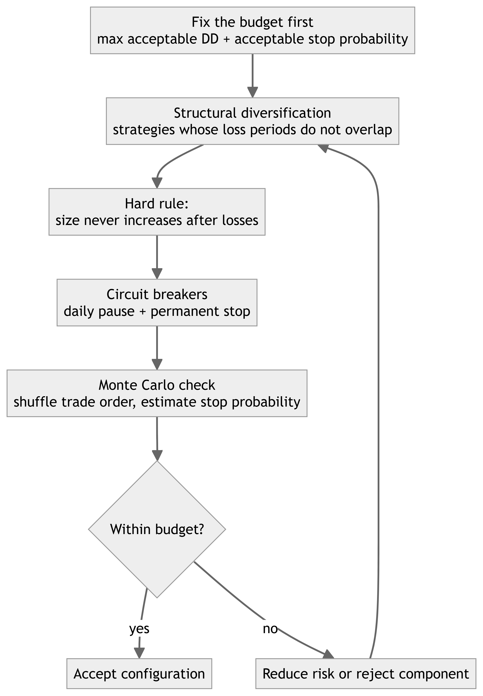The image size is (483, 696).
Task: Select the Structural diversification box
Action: click(252, 121)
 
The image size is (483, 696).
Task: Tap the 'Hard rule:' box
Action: click(157, 212)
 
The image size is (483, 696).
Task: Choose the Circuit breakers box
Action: click(157, 302)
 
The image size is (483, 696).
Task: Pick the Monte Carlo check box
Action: click(157, 393)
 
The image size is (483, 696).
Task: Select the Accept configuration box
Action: click(139, 674)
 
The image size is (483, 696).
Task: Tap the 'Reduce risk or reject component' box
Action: click(366, 674)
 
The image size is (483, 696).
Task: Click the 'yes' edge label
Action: click(139, 629)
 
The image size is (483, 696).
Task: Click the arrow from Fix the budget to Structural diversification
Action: click(252, 76)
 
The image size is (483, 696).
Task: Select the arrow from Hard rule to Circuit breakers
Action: click(157, 257)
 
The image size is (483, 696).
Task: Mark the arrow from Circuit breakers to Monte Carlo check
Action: click(157, 348)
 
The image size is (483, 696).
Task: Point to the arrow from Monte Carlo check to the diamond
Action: click(157, 439)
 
